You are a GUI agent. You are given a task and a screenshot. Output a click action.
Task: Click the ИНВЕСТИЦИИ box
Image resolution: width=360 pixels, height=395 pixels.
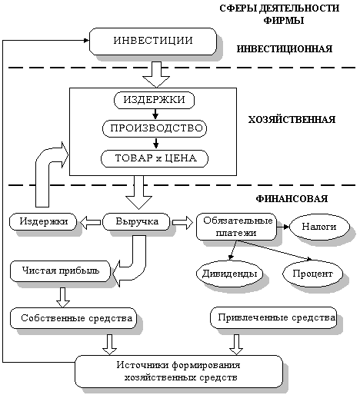(152, 40)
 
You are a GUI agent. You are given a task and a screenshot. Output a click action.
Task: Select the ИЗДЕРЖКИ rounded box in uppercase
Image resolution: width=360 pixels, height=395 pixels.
(155, 101)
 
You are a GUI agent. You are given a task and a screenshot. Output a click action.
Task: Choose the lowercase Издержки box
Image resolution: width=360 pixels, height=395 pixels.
(44, 222)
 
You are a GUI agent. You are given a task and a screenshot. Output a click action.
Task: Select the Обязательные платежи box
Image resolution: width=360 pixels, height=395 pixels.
(235, 226)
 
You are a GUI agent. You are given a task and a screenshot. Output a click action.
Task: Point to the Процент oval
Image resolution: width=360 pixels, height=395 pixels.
(312, 273)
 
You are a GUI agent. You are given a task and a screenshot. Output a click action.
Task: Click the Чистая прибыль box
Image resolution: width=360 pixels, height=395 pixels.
(61, 271)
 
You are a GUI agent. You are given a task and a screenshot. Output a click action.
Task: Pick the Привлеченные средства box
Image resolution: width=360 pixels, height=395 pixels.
(275, 316)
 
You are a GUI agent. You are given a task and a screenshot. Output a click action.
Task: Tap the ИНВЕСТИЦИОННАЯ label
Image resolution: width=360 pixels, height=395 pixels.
(285, 48)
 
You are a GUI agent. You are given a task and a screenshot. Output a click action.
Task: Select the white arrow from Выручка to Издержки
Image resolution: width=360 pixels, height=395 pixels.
(91, 222)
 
